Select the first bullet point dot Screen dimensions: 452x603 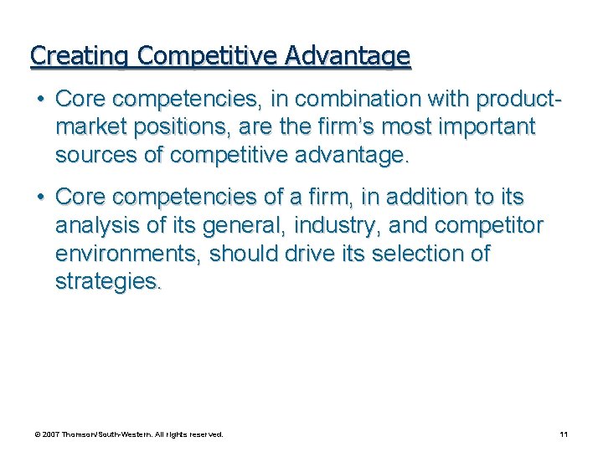[x=40, y=99]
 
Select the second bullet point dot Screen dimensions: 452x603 [x=40, y=198]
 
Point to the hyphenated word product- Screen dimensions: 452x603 [x=518, y=99]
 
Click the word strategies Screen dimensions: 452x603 [x=106, y=283]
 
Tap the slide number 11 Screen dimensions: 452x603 [x=564, y=434]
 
